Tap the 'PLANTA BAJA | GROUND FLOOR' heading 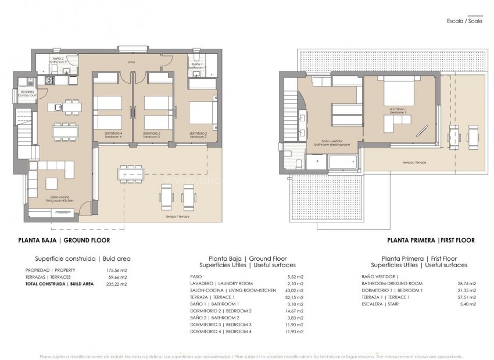[x=64, y=240]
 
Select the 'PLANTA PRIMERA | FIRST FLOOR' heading [x=431, y=240]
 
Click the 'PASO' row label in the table [x=196, y=276]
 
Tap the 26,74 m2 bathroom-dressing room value [x=466, y=283]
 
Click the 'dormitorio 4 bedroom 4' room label [x=113, y=135]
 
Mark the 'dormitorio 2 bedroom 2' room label [x=198, y=135]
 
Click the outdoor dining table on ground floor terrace [x=131, y=172]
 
